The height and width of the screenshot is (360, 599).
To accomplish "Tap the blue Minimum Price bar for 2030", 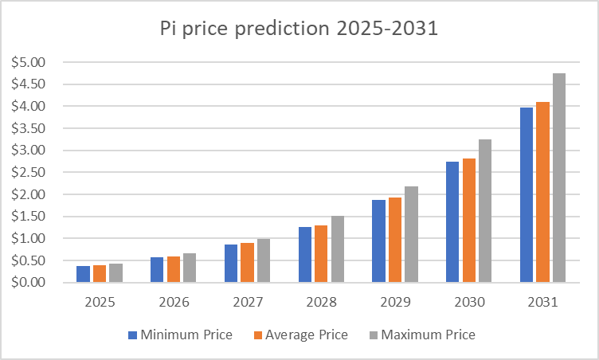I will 452,222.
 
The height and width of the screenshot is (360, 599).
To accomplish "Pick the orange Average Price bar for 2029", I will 394,240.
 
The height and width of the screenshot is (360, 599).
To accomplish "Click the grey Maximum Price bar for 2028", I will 337,249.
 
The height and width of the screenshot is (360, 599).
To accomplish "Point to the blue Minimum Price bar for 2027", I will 231,264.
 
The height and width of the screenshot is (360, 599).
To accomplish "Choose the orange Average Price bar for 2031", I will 542,192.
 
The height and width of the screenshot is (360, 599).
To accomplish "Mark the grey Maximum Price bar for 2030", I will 484,211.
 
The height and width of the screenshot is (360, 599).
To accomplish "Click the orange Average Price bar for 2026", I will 173,269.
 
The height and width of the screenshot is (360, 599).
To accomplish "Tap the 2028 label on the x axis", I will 322,303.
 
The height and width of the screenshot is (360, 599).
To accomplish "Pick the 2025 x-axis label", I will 100,303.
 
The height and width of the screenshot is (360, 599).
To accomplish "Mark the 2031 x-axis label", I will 543,303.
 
